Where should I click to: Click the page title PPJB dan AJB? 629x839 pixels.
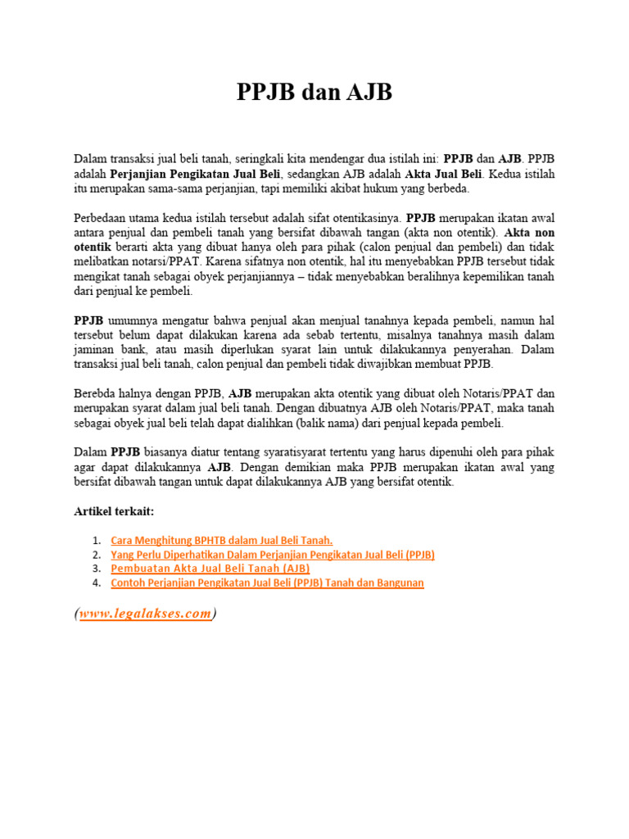point(314,93)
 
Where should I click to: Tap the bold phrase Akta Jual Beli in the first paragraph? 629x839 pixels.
point(444,174)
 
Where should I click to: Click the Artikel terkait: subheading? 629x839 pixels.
point(114,511)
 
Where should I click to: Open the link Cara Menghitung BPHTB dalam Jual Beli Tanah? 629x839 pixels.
point(221,540)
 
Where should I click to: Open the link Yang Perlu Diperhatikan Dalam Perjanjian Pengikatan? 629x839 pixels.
point(272,555)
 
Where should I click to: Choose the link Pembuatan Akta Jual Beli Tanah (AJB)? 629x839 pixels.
point(210,568)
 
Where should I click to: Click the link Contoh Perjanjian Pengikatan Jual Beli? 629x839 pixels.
point(267,583)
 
